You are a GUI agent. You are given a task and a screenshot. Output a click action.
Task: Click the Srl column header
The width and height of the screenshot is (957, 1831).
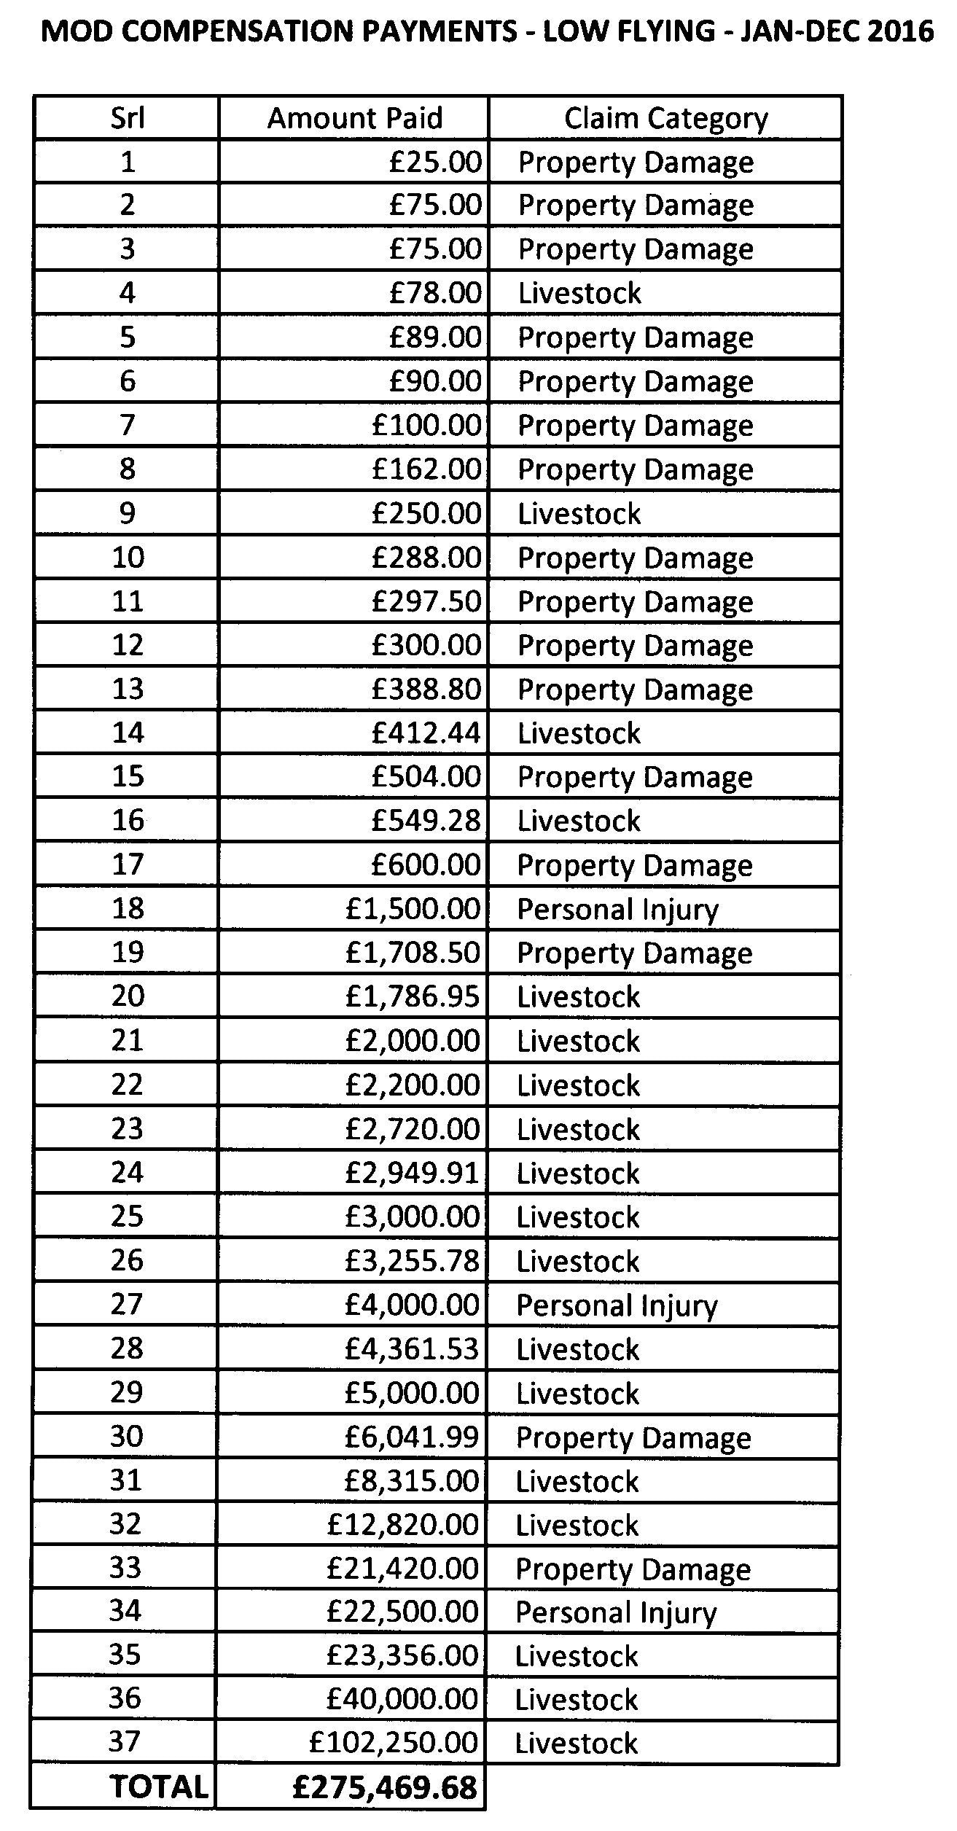pyautogui.click(x=127, y=117)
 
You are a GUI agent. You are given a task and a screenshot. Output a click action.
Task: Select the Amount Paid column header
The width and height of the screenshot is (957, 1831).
pyautogui.click(x=355, y=117)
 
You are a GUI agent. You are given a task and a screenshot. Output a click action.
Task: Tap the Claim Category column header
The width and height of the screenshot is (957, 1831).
pyautogui.click(x=665, y=117)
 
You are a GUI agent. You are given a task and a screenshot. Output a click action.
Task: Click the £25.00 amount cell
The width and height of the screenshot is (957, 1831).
pyautogui.click(x=435, y=161)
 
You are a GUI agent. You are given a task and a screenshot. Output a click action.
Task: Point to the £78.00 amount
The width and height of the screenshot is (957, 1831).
pyautogui.click(x=435, y=293)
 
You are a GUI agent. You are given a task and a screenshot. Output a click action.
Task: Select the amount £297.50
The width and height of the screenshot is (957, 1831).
pyautogui.click(x=426, y=601)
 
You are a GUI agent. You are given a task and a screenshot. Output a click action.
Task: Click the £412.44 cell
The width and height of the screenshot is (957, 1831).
pyautogui.click(x=426, y=733)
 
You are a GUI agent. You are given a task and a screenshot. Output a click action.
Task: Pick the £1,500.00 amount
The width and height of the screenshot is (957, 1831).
pyautogui.click(x=413, y=909)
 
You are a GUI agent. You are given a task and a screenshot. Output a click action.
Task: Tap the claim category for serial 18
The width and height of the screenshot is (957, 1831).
pyautogui.click(x=617, y=910)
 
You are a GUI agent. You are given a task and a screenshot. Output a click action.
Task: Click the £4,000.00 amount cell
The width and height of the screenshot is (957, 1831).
pyautogui.click(x=413, y=1305)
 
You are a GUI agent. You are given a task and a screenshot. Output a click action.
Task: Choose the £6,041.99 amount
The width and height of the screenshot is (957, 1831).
pyautogui.click(x=413, y=1437)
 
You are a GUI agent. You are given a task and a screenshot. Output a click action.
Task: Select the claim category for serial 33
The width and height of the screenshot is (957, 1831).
pyautogui.click(x=633, y=1569)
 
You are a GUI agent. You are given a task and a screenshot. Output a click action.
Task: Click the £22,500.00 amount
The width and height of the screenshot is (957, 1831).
pyautogui.click(x=403, y=1612)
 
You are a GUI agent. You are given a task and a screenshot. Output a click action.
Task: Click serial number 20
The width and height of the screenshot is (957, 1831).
pyautogui.click(x=127, y=996)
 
